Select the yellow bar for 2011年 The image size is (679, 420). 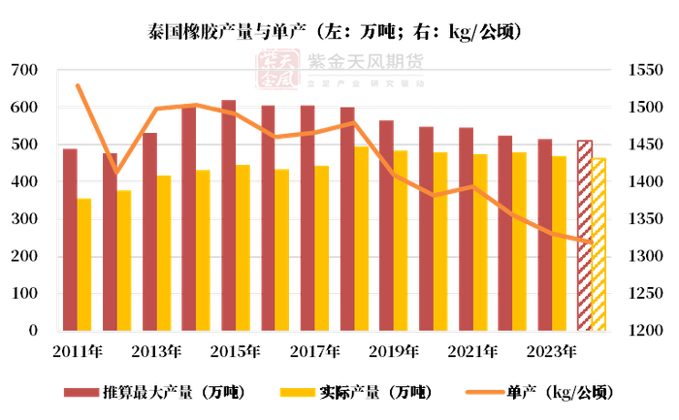pyautogui.click(x=84, y=264)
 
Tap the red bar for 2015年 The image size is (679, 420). pyautogui.click(x=229, y=215)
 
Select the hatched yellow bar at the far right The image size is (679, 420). pyautogui.click(x=598, y=244)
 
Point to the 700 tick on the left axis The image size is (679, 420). pyautogui.click(x=24, y=71)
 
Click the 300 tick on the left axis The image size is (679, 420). pyautogui.click(x=24, y=219)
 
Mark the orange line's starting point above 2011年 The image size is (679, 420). pyautogui.click(x=77, y=85)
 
